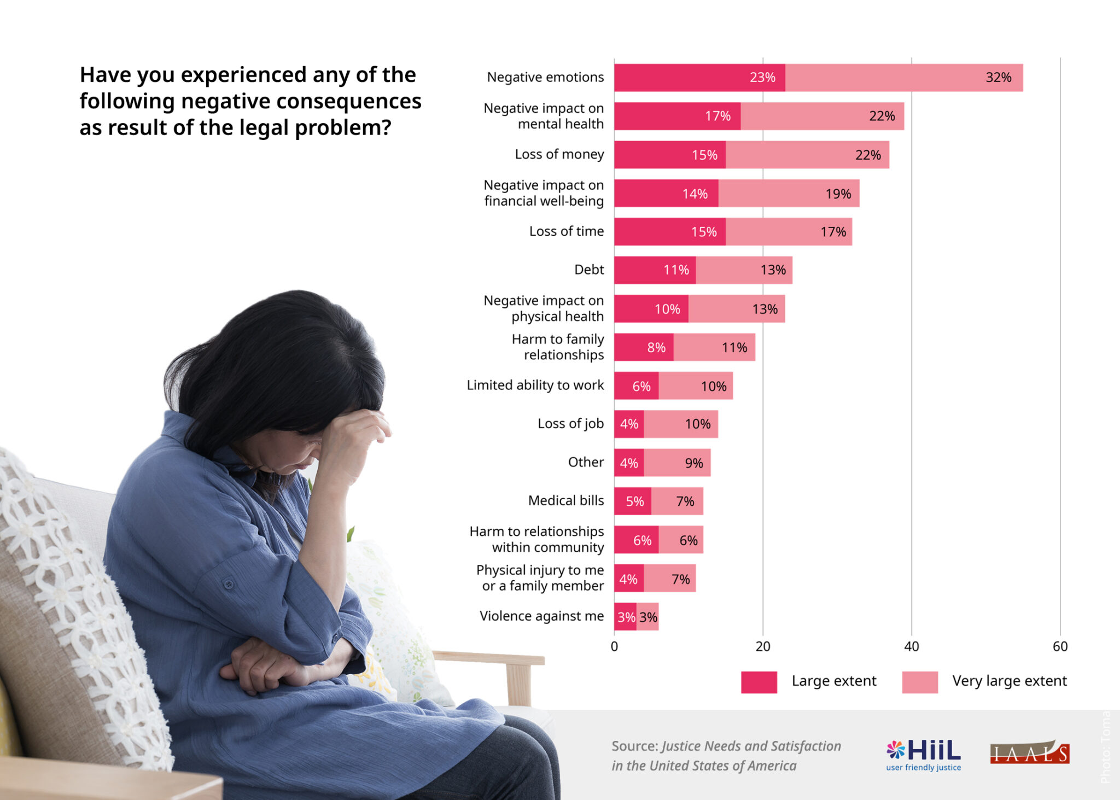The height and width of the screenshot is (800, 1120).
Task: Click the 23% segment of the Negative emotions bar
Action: [699, 78]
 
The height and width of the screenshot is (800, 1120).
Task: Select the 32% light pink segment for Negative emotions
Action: [903, 78]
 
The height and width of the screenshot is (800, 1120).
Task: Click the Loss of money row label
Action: [559, 154]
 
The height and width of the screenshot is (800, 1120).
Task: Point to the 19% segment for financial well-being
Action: [789, 194]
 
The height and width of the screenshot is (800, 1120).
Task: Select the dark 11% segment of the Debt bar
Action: [655, 270]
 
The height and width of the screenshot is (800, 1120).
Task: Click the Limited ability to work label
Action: [535, 386]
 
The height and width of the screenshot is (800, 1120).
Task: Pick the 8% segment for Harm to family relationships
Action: [644, 347]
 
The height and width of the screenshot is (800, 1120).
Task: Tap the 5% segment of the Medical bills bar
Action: [633, 501]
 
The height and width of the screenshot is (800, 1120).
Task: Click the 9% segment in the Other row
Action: [677, 463]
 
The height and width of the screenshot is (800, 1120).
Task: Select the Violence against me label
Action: [541, 616]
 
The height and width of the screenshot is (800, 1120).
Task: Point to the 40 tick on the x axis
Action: [911, 646]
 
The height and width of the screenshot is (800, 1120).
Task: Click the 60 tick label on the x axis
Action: [1059, 646]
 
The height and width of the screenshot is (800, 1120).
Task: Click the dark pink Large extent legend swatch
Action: [759, 682]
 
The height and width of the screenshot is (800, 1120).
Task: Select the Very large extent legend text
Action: [1009, 681]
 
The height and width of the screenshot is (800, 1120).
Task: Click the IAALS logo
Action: [1029, 754]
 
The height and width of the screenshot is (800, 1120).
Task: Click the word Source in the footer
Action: [634, 746]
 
